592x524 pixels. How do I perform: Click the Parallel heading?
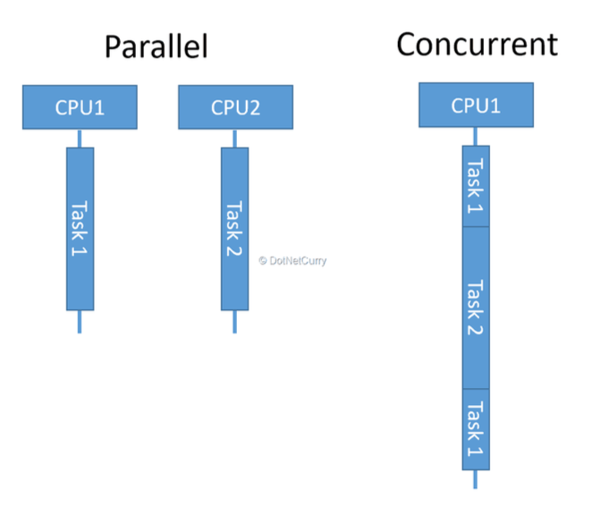click(x=156, y=46)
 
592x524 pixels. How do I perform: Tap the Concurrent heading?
click(x=477, y=44)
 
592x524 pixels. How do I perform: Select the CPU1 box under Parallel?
click(x=80, y=107)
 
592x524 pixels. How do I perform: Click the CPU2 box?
click(x=235, y=107)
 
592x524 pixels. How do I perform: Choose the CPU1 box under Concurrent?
click(x=476, y=105)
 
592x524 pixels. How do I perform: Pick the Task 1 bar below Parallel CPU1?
click(x=80, y=229)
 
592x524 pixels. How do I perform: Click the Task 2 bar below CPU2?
click(x=234, y=229)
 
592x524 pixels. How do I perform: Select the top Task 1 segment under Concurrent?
click(x=476, y=186)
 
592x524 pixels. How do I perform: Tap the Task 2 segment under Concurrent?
click(x=476, y=308)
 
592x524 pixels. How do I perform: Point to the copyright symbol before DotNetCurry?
click(x=263, y=261)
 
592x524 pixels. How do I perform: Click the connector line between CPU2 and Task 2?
click(x=234, y=139)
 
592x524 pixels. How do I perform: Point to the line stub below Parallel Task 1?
click(x=80, y=322)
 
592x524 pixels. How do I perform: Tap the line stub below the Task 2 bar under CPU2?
click(x=234, y=322)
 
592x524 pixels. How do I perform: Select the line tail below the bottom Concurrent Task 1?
click(x=476, y=479)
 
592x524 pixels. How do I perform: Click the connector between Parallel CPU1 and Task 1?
click(x=80, y=139)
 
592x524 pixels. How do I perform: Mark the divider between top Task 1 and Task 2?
click(x=476, y=227)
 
